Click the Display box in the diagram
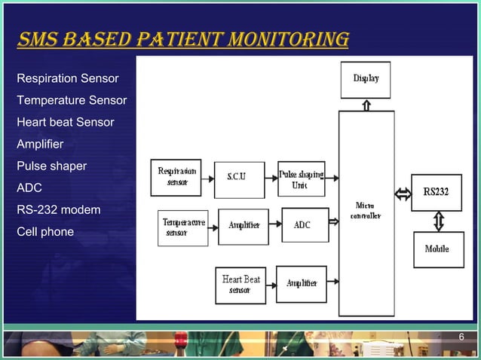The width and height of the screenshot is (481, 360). [366, 79]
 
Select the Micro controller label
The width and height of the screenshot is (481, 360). [366, 210]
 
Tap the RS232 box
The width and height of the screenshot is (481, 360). [436, 192]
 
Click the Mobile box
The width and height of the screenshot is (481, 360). [438, 249]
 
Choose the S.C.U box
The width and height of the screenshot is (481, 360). [240, 179]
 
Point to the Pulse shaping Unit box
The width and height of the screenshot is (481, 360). [302, 178]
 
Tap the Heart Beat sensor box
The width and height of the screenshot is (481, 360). [240, 285]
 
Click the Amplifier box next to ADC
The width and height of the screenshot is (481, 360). [244, 226]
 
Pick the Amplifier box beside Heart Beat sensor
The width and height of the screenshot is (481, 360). [302, 284]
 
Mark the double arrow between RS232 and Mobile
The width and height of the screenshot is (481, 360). [438, 221]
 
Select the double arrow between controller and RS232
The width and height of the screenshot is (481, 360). [403, 195]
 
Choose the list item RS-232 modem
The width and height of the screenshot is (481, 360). [58, 209]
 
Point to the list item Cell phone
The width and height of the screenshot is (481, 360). [45, 231]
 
